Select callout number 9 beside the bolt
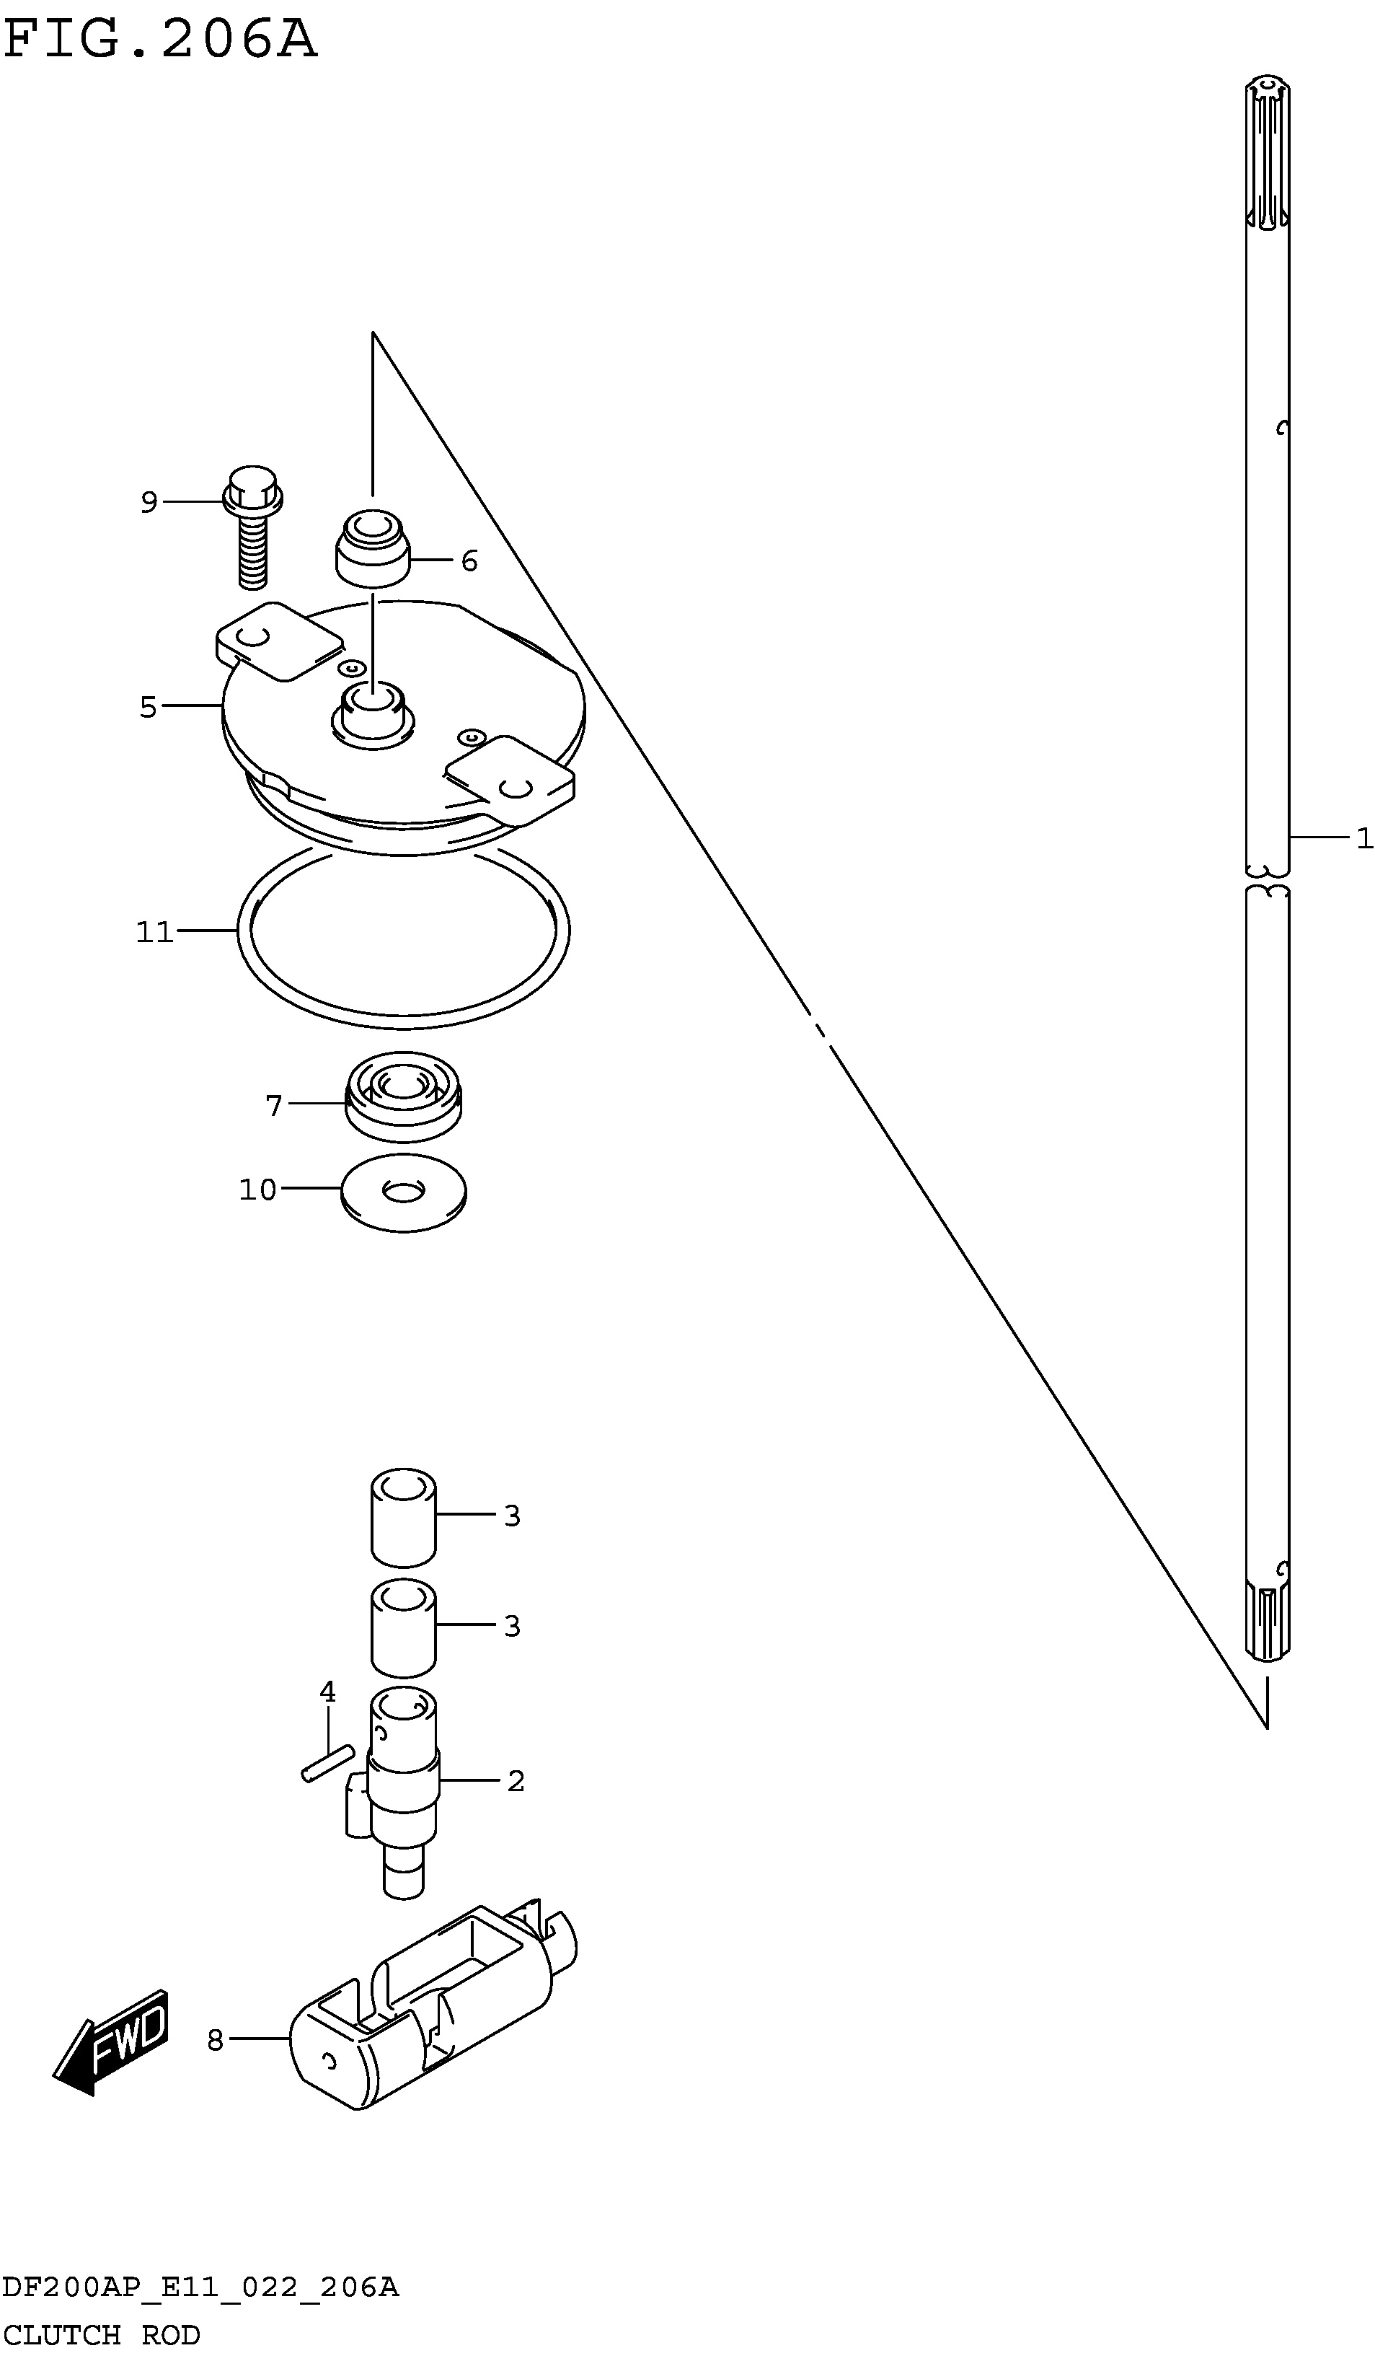pyautogui.click(x=149, y=503)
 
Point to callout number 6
pyautogui.click(x=469, y=561)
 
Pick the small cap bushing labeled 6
pyautogui.click(x=373, y=548)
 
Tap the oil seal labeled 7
pyautogui.click(x=404, y=1097)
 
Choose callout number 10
pyautogui.click(x=257, y=1190)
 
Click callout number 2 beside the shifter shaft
pyautogui.click(x=515, y=1781)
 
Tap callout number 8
pyautogui.click(x=216, y=2041)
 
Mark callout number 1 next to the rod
pyautogui.click(x=1363, y=837)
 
